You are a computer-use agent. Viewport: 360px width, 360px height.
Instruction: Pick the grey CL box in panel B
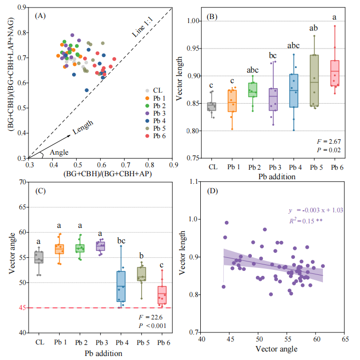coord(212,107)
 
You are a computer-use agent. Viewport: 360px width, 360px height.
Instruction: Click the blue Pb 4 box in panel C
coord(121,286)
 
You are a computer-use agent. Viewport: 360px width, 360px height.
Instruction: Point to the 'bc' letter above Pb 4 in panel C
coord(121,241)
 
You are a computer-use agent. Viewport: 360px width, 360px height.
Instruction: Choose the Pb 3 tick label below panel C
coord(100,342)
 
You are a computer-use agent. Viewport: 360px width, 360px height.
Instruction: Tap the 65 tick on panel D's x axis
coord(345,339)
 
